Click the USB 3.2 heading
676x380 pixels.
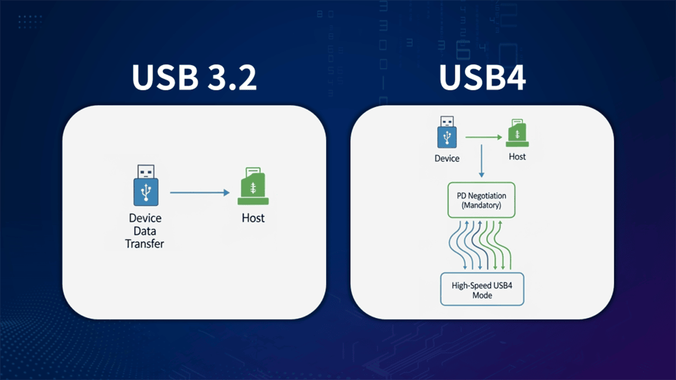coord(194,79)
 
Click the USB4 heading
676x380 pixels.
coord(482,79)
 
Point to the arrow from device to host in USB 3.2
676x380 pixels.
coord(200,193)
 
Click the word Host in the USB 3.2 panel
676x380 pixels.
coord(253,218)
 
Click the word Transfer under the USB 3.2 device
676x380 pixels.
coord(144,244)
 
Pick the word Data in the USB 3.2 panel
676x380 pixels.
coord(145,231)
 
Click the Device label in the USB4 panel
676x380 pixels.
coord(447,158)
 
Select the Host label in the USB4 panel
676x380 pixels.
coord(517,156)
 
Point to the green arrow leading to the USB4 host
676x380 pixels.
coord(483,137)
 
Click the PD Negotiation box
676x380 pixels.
coord(481,200)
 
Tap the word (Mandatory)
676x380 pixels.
coord(481,205)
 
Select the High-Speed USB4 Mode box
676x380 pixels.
coord(482,290)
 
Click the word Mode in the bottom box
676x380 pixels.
coord(482,295)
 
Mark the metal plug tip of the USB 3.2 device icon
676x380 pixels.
coord(146,171)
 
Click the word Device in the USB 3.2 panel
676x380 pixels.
coord(145,218)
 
